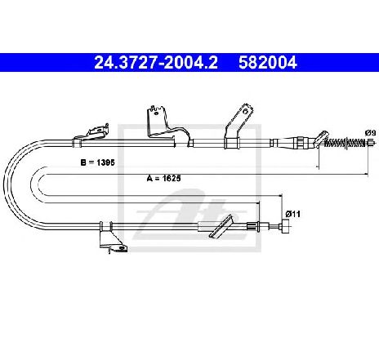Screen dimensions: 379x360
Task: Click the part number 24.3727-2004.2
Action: (x=156, y=63)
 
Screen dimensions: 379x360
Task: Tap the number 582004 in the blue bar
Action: (x=268, y=63)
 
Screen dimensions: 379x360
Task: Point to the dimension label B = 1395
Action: (x=98, y=162)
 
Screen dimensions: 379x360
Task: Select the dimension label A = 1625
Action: (x=163, y=178)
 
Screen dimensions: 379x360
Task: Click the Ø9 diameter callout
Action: (x=370, y=133)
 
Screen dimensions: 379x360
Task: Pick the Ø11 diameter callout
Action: (x=292, y=214)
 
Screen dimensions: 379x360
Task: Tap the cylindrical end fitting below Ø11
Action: (x=285, y=227)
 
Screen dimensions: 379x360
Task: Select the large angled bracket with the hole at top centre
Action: (x=167, y=126)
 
